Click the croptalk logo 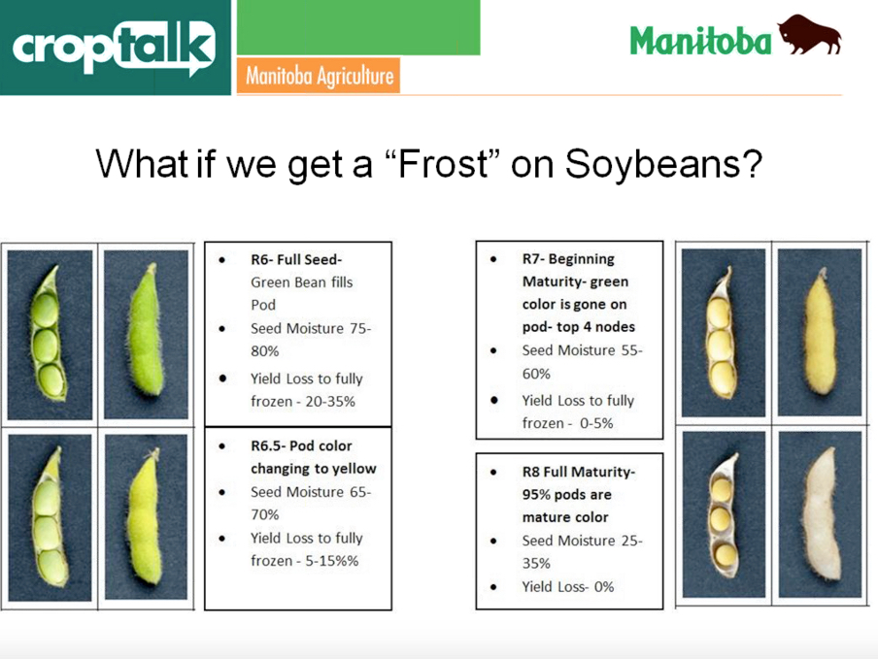click(x=115, y=46)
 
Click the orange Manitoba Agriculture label click(x=319, y=76)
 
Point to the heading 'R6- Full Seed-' click(x=296, y=259)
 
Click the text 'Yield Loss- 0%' click(x=568, y=586)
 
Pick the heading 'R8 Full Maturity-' click(x=578, y=472)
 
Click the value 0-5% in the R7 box click(x=591, y=423)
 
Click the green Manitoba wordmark click(x=699, y=40)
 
